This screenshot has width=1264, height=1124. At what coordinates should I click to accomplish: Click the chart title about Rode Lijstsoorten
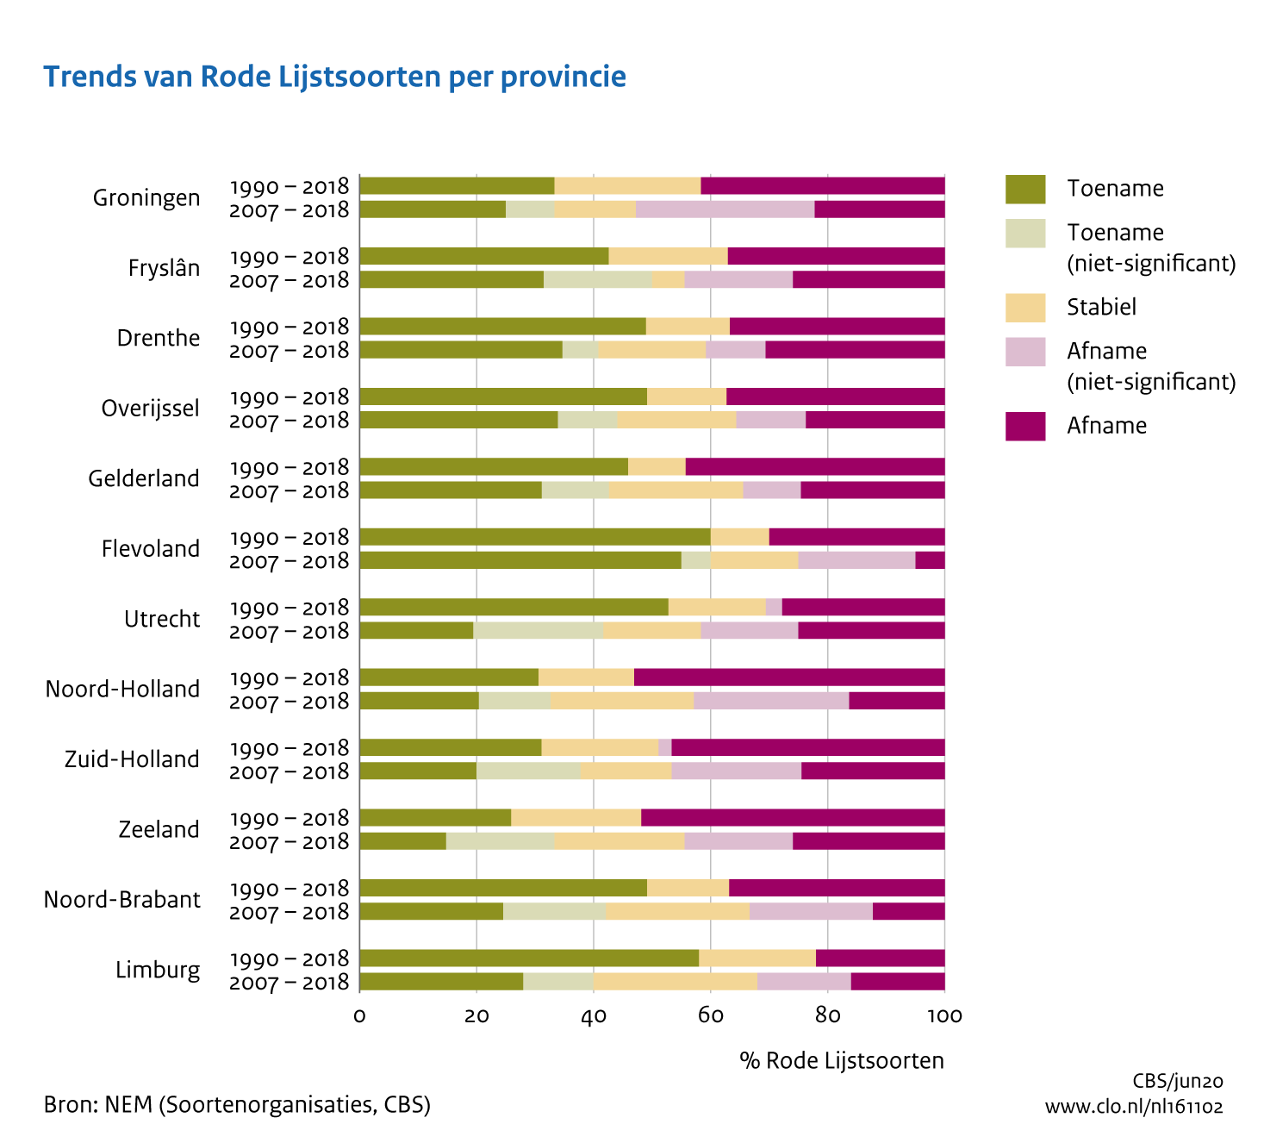(334, 77)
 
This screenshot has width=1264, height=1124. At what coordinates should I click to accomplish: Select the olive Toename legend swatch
(1024, 189)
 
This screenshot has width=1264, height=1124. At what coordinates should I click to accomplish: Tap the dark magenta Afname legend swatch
(1024, 426)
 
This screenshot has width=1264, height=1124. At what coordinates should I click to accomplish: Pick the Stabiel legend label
(1101, 307)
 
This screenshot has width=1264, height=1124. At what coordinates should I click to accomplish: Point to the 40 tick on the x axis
(593, 1016)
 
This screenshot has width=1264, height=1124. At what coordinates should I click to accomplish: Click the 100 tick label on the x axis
(944, 1016)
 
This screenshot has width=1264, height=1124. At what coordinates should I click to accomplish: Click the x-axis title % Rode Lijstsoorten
(841, 1060)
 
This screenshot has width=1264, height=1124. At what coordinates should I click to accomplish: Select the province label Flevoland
(151, 549)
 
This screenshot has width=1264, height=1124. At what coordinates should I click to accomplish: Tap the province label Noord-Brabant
(121, 900)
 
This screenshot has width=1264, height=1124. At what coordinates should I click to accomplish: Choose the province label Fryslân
(164, 268)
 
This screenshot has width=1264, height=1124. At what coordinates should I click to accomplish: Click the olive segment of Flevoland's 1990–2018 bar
(534, 537)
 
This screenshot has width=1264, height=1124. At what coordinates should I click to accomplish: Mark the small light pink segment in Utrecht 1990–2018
(774, 607)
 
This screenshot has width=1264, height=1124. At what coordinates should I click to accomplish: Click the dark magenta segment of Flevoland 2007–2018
(930, 560)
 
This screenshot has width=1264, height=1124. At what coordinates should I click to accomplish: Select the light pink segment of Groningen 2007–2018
(725, 209)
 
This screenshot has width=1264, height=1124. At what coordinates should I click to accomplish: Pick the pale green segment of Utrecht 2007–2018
(538, 630)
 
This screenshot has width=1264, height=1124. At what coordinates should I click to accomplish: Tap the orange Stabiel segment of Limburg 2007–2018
(675, 981)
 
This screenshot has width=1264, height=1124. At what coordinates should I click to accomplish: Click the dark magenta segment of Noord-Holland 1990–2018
(788, 678)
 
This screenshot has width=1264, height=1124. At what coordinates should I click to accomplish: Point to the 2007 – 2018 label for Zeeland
(290, 842)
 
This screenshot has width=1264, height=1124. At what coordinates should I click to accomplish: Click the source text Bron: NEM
(237, 1104)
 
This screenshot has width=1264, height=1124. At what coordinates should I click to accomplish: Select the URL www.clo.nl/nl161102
(1134, 1107)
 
